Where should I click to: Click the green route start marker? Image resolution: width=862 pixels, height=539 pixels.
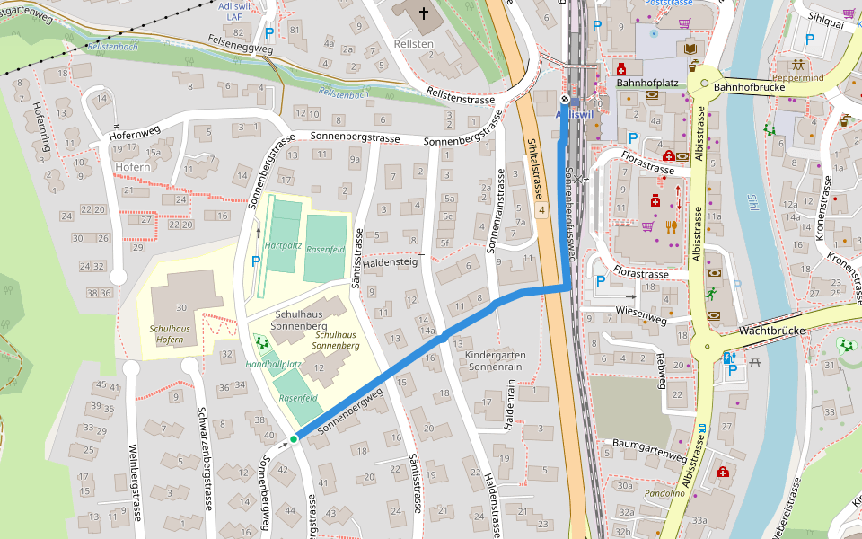294,439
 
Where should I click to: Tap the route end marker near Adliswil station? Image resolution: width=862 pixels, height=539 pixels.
564,100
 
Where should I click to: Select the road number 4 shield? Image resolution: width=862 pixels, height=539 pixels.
541,210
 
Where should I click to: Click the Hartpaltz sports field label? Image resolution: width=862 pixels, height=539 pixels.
283,245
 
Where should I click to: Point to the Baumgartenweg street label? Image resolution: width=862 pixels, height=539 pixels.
649,444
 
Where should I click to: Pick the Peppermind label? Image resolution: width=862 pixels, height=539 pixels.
796,79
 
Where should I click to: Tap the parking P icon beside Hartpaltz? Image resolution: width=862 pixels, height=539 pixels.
256,261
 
